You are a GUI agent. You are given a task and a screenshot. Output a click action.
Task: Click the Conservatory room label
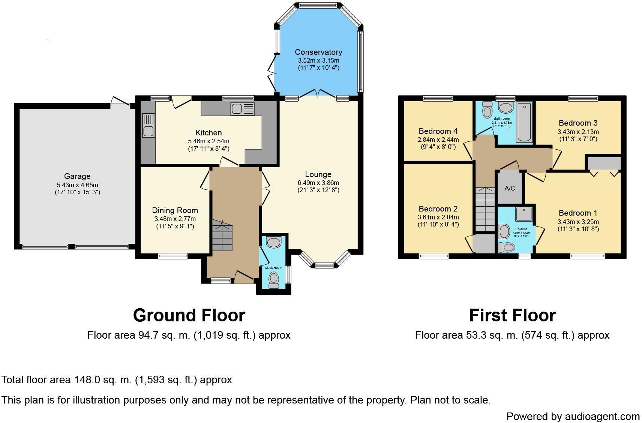[318, 52]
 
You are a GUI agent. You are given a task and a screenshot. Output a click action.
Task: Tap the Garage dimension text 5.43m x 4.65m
[77, 184]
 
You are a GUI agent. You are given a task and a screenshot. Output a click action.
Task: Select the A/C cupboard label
[510, 188]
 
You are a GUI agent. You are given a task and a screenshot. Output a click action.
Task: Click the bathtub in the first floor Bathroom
[524, 122]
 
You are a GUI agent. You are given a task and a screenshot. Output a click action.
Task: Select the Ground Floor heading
[189, 315]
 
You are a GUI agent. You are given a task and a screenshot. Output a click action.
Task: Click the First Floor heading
[512, 315]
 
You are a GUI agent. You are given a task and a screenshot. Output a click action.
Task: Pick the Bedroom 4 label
[438, 131]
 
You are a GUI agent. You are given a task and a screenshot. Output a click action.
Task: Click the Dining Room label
[175, 210]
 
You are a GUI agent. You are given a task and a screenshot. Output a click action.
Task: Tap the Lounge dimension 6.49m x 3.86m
[318, 183]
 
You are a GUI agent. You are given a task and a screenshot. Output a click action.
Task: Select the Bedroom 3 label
[578, 123]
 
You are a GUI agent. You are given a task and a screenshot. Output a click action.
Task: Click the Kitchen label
[208, 133]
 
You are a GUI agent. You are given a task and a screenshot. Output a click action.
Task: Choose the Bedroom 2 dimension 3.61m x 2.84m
[438, 217]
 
